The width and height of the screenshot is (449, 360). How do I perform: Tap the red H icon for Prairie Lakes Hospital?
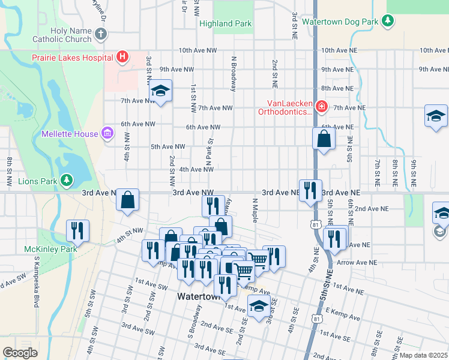click(122, 58)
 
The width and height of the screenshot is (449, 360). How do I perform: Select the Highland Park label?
click(225, 24)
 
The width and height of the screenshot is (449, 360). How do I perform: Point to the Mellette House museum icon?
click(107, 133)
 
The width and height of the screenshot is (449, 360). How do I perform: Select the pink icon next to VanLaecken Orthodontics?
click(322, 107)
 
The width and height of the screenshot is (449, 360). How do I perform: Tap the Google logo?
click(20, 353)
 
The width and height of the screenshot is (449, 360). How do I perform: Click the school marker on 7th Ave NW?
click(160, 91)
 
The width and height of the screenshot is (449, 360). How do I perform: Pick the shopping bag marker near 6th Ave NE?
click(324, 139)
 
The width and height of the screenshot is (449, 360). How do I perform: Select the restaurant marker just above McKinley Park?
click(77, 230)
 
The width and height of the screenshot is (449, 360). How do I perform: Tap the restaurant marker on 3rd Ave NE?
click(310, 190)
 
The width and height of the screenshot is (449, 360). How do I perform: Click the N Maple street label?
click(255, 209)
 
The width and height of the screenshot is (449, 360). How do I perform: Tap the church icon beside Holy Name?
click(100, 35)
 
